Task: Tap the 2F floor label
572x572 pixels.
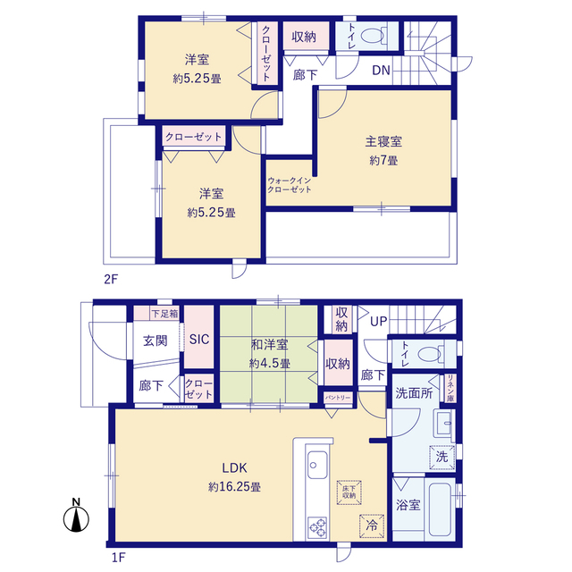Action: pyautogui.click(x=111, y=280)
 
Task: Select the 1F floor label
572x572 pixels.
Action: pyautogui.click(x=118, y=558)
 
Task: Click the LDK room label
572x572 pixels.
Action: pyautogui.click(x=234, y=467)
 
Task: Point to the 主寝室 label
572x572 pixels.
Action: pyautogui.click(x=383, y=141)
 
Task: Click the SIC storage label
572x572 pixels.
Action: pyautogui.click(x=199, y=340)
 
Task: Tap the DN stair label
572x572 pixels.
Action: pyautogui.click(x=381, y=70)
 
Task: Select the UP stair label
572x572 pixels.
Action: pyautogui.click(x=379, y=321)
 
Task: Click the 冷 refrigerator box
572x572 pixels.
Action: pyautogui.click(x=372, y=526)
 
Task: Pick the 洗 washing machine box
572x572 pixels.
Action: pyautogui.click(x=442, y=457)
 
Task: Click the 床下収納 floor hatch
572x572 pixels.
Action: pyautogui.click(x=349, y=492)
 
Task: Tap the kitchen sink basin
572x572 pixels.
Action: pyautogui.click(x=317, y=465)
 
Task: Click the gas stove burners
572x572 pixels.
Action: pyautogui.click(x=317, y=527)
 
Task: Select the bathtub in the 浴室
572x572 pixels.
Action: pyautogui.click(x=440, y=509)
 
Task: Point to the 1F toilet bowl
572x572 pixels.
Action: pyautogui.click(x=431, y=354)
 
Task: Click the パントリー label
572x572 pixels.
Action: pyautogui.click(x=338, y=397)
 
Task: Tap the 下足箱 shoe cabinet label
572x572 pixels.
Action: pyautogui.click(x=164, y=314)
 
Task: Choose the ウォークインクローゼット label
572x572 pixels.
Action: pyautogui.click(x=290, y=185)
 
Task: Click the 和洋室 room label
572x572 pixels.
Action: pyautogui.click(x=270, y=344)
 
